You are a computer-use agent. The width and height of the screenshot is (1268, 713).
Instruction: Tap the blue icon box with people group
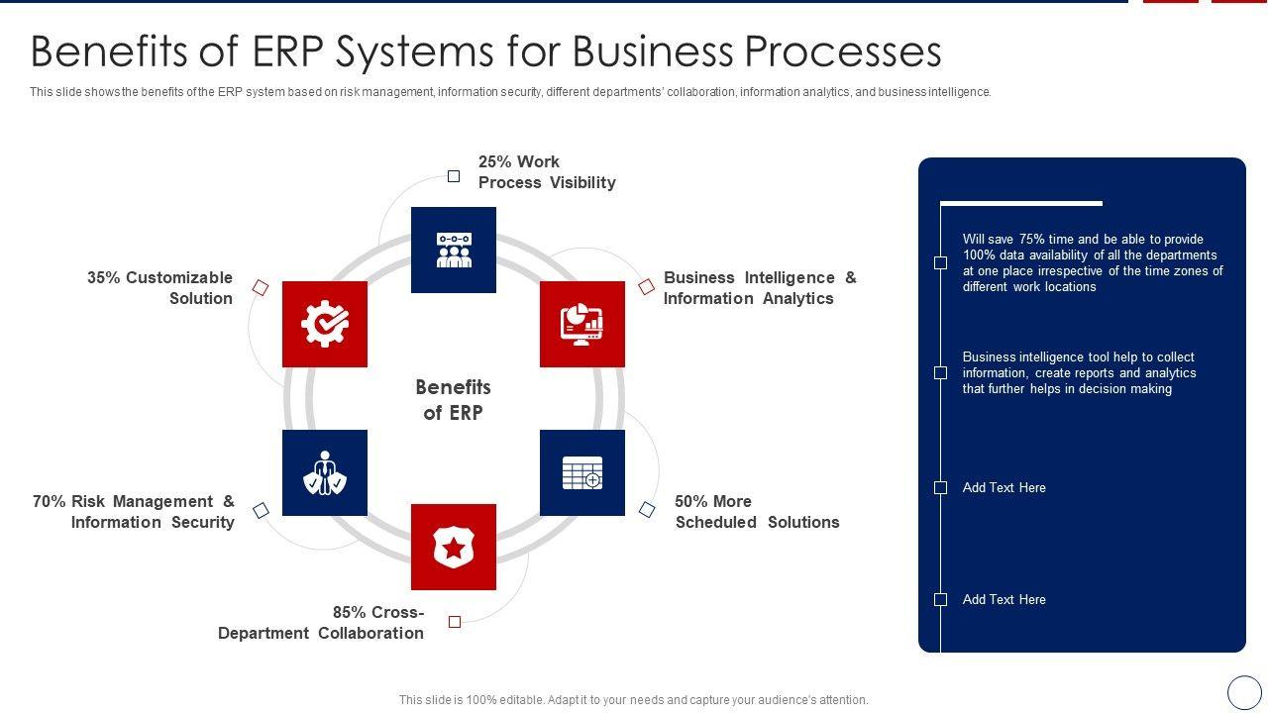click(x=454, y=250)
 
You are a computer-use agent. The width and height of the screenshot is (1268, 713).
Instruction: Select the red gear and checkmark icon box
click(x=325, y=324)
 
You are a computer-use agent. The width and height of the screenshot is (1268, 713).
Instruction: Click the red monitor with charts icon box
click(x=582, y=324)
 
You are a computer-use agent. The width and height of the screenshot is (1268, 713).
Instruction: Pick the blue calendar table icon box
click(x=582, y=472)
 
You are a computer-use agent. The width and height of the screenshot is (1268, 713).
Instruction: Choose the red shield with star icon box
click(x=454, y=547)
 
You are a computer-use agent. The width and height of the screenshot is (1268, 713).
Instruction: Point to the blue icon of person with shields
click(x=325, y=472)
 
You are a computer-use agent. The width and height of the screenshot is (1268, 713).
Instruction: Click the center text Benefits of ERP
click(x=454, y=400)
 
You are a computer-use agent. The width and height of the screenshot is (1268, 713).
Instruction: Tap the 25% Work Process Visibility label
click(x=546, y=172)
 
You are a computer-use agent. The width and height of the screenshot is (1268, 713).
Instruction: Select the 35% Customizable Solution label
click(x=160, y=288)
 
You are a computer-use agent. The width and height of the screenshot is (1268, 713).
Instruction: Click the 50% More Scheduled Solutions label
click(x=757, y=512)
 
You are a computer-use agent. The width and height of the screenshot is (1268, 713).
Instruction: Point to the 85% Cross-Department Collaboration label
click(x=322, y=623)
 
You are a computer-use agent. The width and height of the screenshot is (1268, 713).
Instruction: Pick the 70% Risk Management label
click(x=134, y=512)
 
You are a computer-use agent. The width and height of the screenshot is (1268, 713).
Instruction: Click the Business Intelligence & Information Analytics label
click(x=760, y=288)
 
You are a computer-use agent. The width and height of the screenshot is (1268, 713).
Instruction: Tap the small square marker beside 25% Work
click(x=454, y=176)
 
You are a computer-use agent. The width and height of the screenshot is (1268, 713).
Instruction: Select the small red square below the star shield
click(x=455, y=622)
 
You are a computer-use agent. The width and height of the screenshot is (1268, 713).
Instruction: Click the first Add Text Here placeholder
click(x=1004, y=487)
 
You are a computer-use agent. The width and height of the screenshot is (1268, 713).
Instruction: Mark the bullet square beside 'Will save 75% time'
click(x=940, y=262)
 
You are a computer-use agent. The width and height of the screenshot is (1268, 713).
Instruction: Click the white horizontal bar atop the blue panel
click(x=1020, y=204)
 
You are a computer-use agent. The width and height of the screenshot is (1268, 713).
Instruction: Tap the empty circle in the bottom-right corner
click(x=1244, y=692)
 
